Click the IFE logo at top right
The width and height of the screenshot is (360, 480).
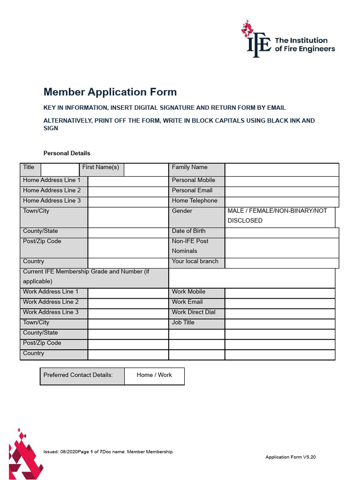(288, 39)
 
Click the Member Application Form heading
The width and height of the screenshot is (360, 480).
(110, 92)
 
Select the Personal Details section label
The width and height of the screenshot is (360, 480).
(67, 153)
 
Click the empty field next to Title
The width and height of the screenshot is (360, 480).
(60, 169)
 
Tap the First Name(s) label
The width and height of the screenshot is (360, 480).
(100, 167)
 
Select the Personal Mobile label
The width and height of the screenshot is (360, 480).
(193, 180)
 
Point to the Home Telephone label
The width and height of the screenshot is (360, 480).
(195, 201)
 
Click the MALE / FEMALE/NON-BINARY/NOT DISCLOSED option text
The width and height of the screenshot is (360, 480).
(277, 216)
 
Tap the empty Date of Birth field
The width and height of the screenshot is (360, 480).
(281, 232)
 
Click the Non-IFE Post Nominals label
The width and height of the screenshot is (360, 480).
(190, 246)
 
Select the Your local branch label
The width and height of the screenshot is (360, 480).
(195, 262)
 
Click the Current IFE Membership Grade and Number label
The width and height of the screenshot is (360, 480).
(86, 277)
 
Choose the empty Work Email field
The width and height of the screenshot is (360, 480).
(280, 303)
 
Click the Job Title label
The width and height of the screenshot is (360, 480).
(183, 322)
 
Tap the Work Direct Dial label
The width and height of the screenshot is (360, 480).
(194, 312)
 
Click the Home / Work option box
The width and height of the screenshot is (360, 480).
(154, 375)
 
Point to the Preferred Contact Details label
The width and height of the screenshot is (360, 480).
(78, 375)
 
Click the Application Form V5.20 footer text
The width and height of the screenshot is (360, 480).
(290, 457)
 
